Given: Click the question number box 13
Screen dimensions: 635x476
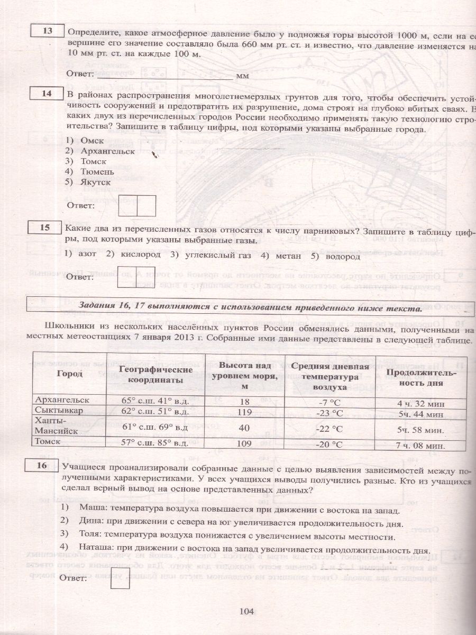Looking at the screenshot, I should point(48,31).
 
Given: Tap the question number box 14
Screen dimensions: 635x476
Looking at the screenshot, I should point(47,94).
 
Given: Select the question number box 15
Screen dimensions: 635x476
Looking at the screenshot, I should point(45,228).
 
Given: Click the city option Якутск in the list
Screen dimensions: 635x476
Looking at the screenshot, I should point(96,181).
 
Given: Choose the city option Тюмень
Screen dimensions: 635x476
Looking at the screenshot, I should point(97,171).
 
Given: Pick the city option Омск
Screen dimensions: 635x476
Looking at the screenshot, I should point(92,141).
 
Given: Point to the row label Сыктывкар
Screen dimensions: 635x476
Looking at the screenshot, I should point(59,411).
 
